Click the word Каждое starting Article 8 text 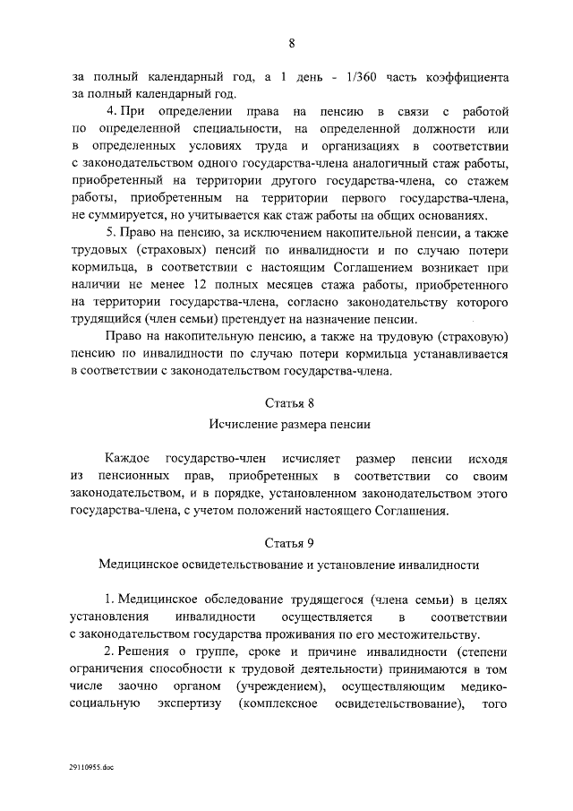coord(133,458)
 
